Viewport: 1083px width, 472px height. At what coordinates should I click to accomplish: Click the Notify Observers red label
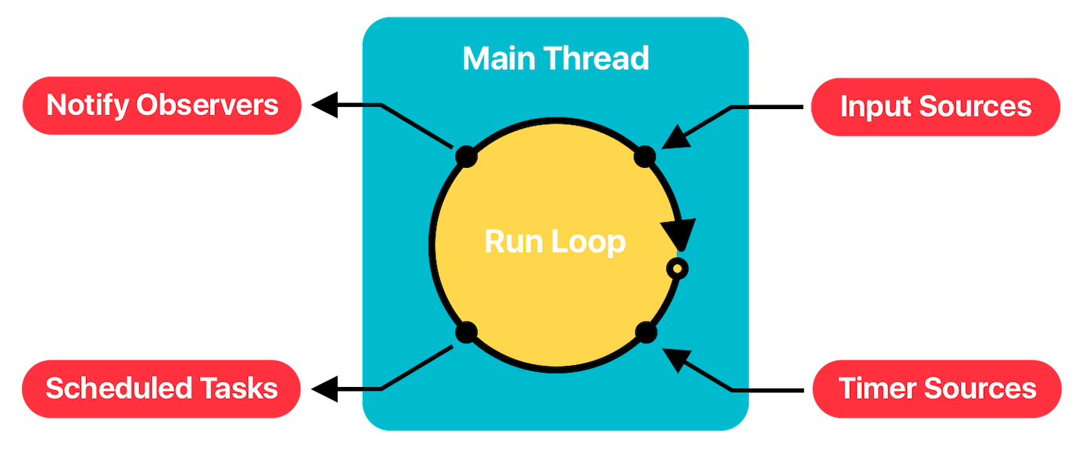(x=162, y=105)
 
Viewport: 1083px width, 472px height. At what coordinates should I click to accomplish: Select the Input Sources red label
(x=935, y=106)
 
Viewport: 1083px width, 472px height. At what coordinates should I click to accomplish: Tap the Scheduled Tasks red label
(x=161, y=388)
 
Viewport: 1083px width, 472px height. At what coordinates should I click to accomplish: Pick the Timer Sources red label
(x=936, y=388)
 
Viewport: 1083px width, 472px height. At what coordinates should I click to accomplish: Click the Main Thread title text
(x=555, y=59)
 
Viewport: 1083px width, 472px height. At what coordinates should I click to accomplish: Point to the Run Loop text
(x=554, y=242)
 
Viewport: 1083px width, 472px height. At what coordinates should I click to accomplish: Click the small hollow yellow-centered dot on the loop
(x=678, y=269)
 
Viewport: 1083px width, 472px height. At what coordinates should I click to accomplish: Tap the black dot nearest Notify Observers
(x=466, y=156)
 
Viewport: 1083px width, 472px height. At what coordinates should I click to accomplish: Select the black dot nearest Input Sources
(x=645, y=157)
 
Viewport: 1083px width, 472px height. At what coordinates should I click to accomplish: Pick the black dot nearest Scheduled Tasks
(x=466, y=331)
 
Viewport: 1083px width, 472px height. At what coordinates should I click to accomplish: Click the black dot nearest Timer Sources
(x=645, y=331)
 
